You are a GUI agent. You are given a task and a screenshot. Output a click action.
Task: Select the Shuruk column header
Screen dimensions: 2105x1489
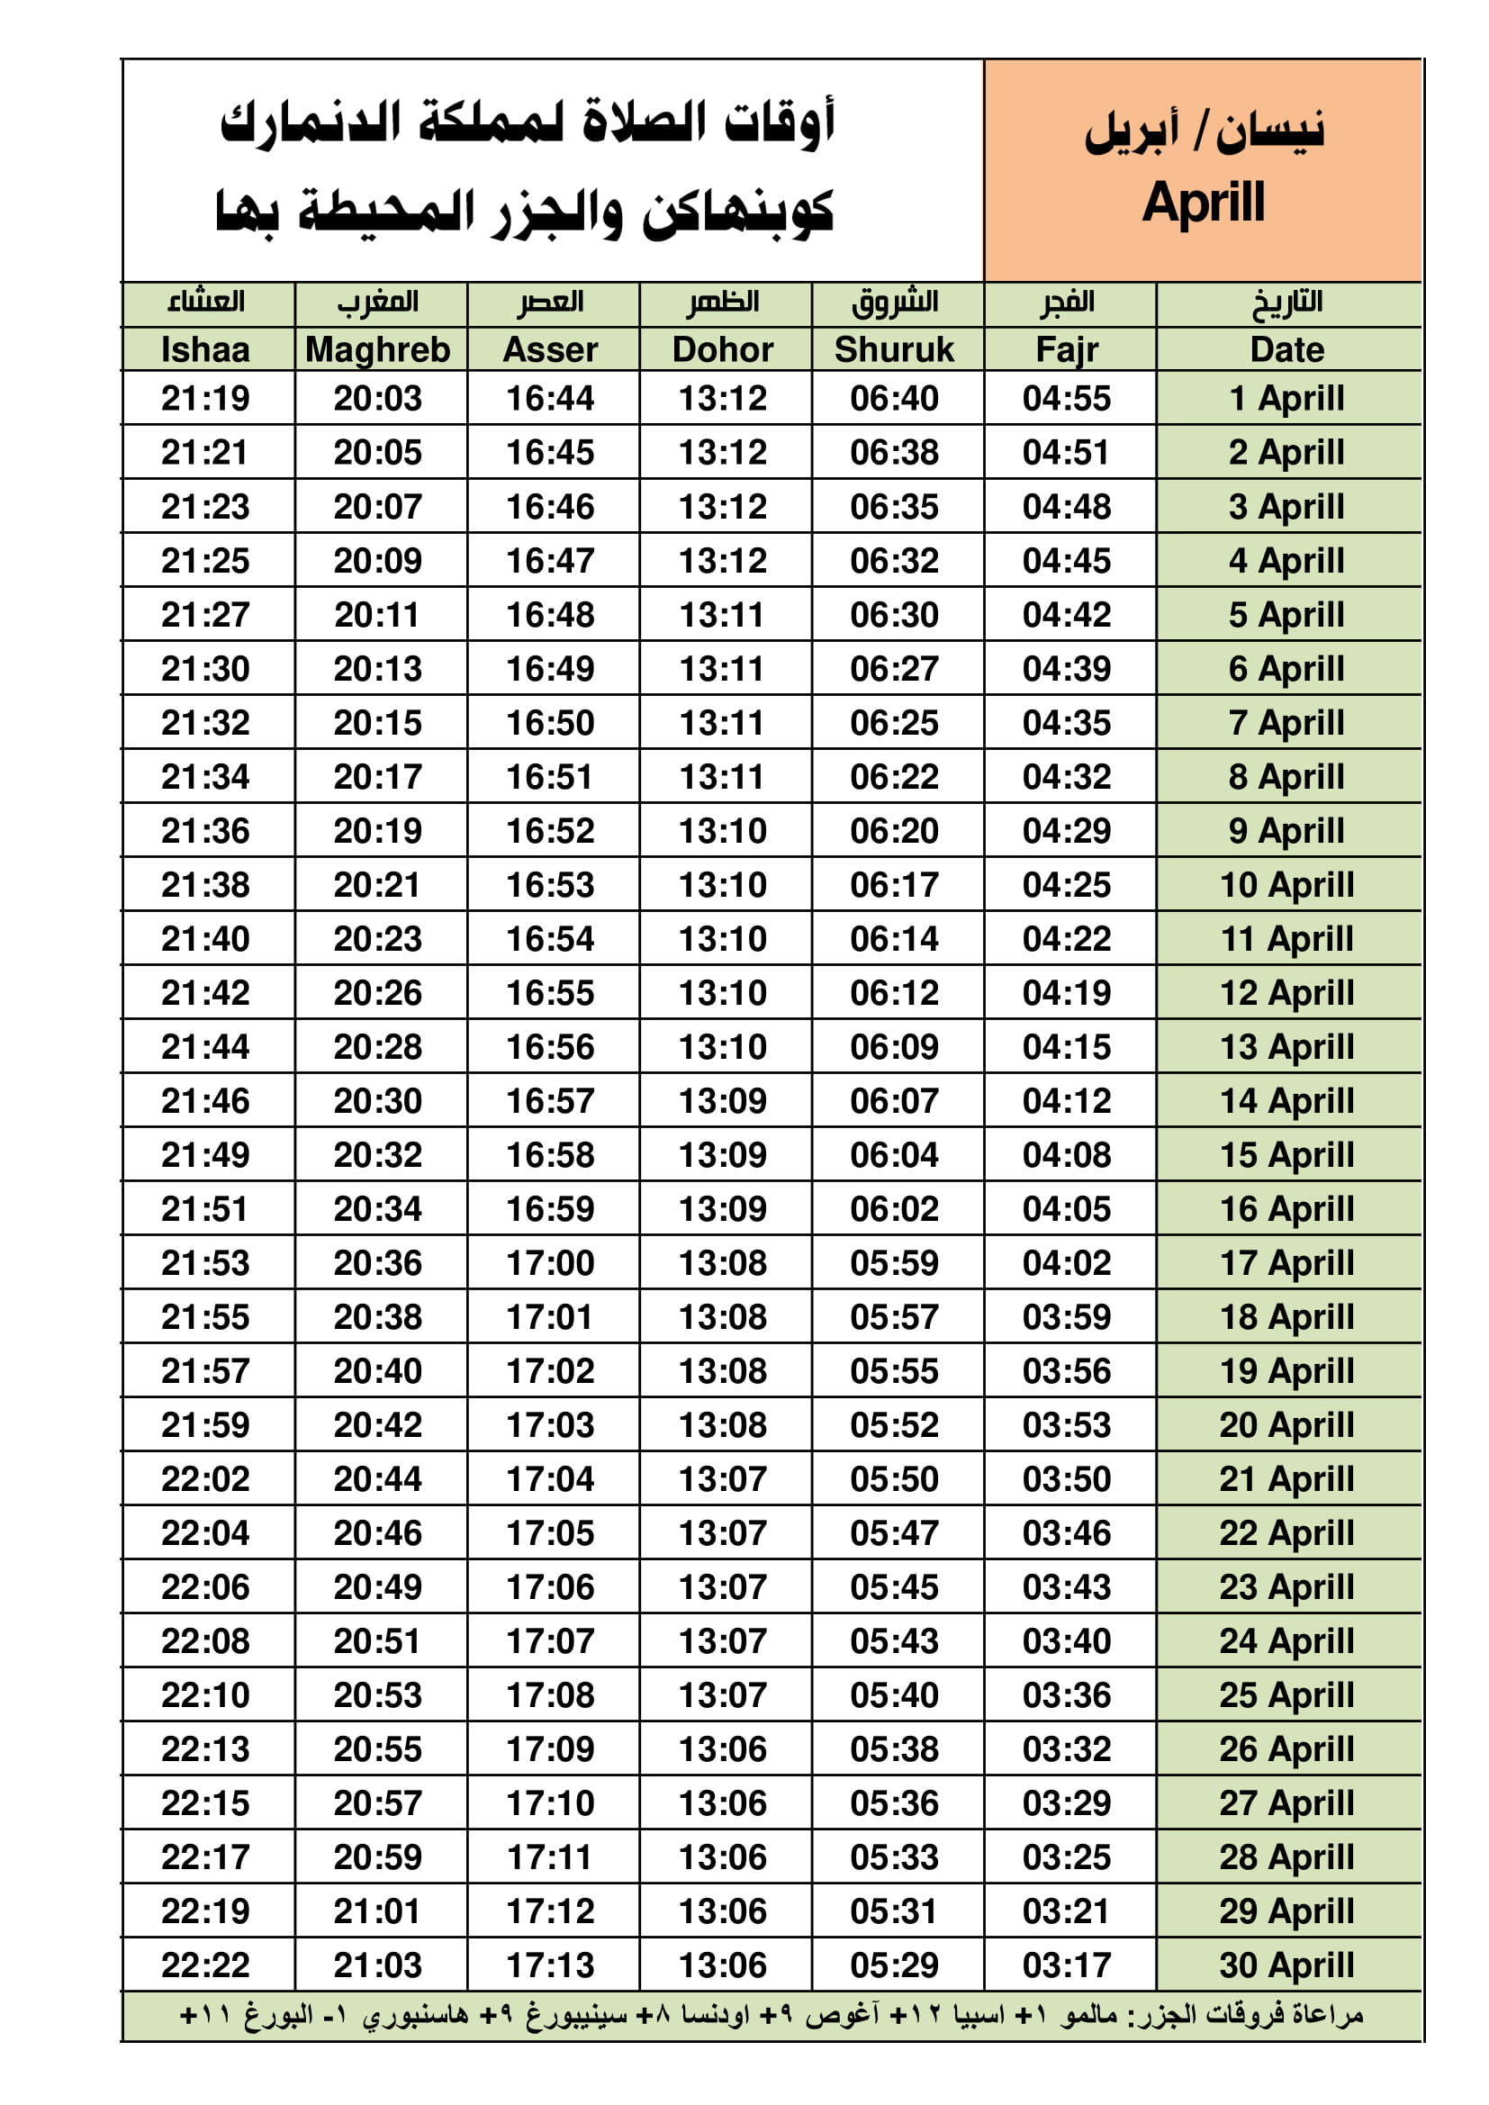(x=894, y=349)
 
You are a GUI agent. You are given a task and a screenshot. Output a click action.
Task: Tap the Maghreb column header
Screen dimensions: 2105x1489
(x=378, y=349)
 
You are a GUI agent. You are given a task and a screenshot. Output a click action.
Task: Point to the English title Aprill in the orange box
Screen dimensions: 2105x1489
(x=1203, y=203)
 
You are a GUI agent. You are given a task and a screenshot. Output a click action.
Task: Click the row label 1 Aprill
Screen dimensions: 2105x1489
(x=1286, y=398)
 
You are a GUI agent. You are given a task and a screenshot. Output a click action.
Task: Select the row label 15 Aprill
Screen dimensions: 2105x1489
(x=1286, y=1154)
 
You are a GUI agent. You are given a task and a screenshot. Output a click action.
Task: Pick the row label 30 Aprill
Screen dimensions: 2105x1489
(x=1286, y=1965)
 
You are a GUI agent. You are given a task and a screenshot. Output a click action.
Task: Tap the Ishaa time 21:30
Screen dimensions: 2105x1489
(x=205, y=668)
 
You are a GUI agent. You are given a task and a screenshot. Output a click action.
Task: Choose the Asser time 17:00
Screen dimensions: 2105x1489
(x=550, y=1262)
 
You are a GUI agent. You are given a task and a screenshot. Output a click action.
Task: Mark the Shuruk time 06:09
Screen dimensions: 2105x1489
(x=894, y=1046)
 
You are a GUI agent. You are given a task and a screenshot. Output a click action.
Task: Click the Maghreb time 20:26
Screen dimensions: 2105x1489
(x=378, y=992)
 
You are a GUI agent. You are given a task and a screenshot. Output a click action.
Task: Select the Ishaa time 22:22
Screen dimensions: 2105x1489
(x=205, y=1965)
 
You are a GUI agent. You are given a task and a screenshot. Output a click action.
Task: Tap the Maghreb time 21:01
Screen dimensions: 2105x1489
(x=378, y=1911)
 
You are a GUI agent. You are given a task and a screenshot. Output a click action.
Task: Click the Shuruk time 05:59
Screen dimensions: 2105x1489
(x=894, y=1262)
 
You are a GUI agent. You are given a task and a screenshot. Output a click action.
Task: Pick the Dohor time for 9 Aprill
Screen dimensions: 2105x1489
(x=723, y=831)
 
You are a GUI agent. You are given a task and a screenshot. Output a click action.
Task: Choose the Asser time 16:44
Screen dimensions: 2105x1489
(x=550, y=398)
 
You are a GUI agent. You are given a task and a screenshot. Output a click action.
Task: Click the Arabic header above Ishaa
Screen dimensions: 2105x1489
(x=205, y=302)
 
